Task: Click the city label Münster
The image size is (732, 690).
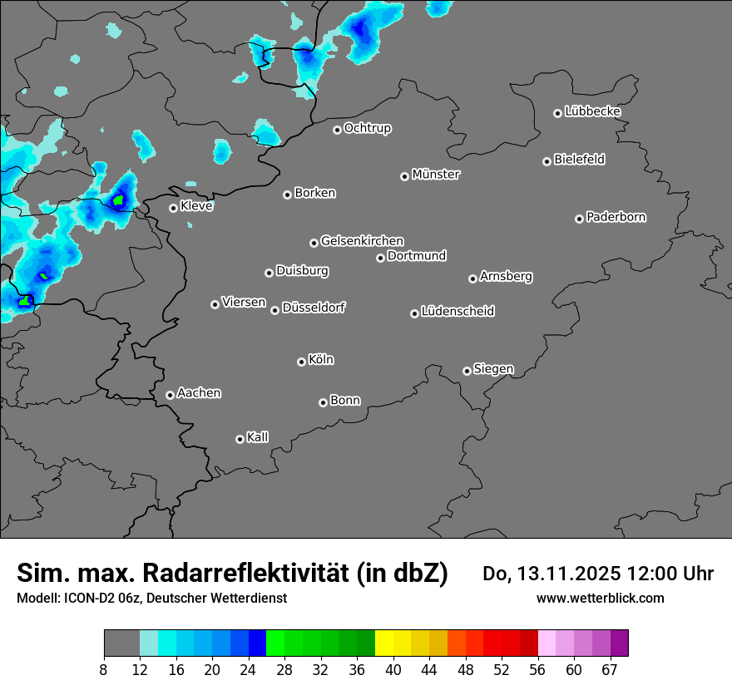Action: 436,175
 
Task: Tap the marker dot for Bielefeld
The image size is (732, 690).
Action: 547,161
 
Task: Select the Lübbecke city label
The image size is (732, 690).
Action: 592,111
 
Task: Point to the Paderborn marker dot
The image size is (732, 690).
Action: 580,219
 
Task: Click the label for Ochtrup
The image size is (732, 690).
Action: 368,128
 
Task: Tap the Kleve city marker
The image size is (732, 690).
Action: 174,208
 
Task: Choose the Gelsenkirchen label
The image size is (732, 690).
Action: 362,241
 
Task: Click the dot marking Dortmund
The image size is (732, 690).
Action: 381,258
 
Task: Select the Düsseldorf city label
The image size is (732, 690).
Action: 314,308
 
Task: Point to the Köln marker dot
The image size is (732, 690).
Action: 302,362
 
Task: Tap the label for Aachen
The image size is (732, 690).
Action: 199,393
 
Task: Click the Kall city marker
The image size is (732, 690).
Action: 240,439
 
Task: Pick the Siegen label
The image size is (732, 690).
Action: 493,369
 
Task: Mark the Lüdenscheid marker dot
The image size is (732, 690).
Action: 415,313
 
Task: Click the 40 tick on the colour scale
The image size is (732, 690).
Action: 393,669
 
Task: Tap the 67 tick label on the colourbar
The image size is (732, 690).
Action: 610,669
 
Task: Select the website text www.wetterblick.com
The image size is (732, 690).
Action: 600,598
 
